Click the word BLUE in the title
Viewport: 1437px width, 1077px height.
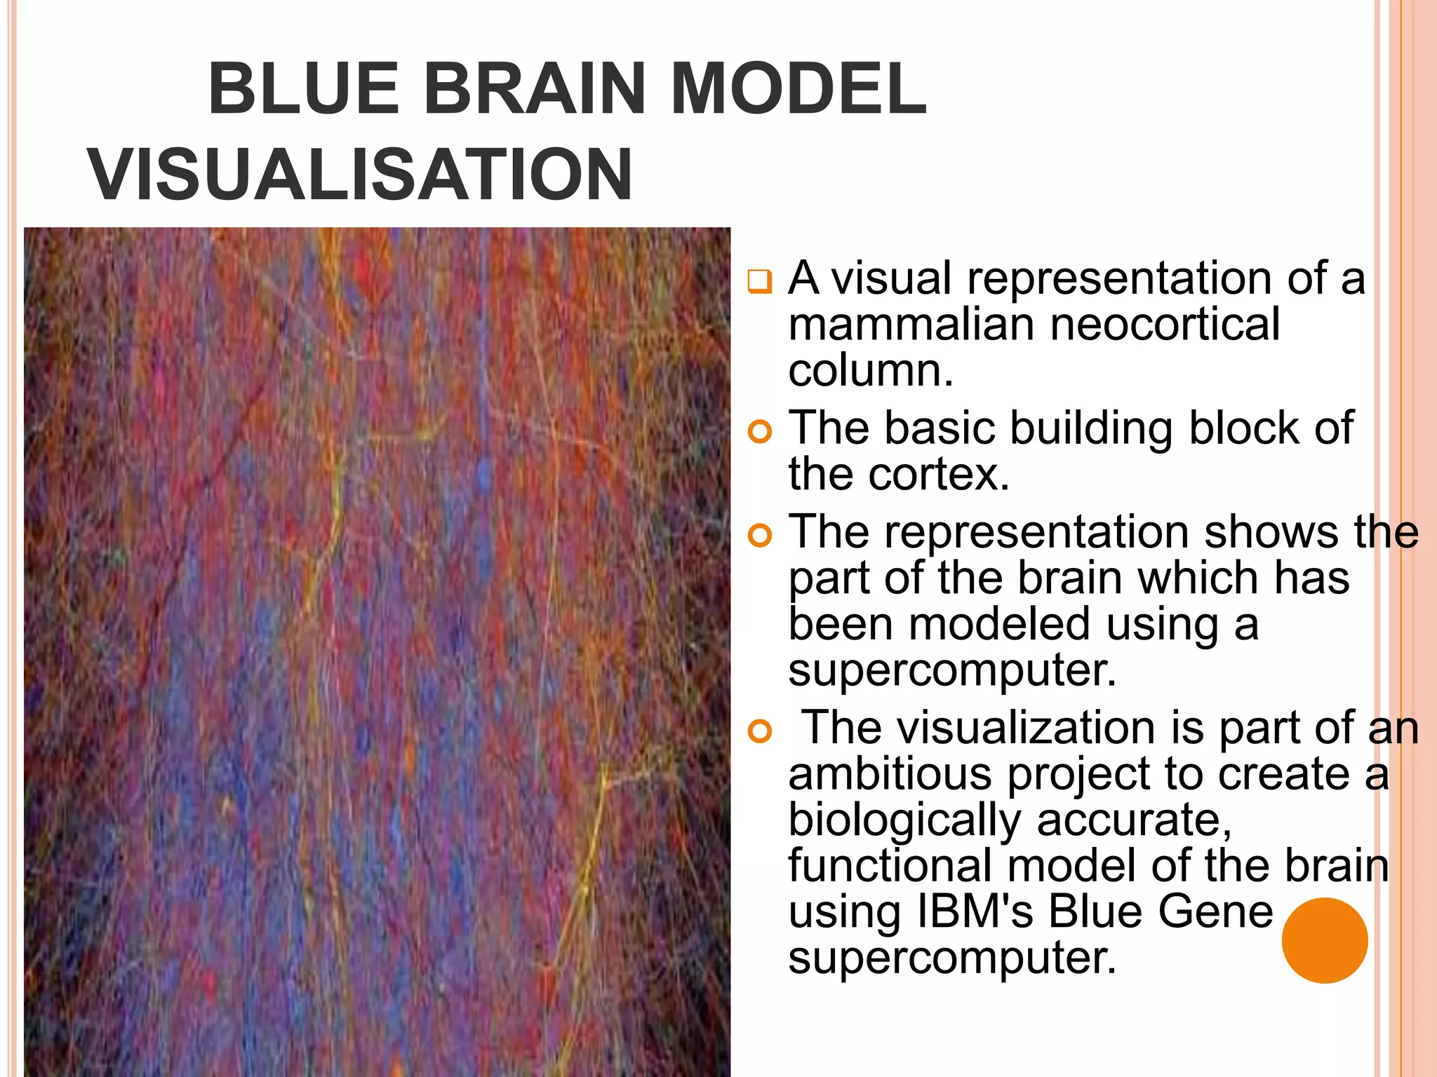coord(304,89)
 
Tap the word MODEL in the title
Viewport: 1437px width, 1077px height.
coord(798,89)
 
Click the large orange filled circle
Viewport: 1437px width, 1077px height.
coord(1324,940)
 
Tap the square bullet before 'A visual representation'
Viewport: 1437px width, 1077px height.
coord(759,282)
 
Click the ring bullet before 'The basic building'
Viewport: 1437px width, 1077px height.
coord(759,431)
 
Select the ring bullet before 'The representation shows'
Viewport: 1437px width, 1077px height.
coord(759,536)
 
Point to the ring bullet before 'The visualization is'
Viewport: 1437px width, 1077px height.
coord(759,731)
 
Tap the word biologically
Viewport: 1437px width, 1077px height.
coord(904,820)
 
